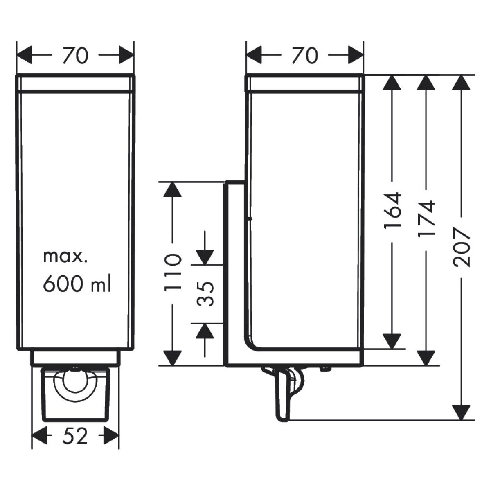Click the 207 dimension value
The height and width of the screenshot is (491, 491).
[x=461, y=248]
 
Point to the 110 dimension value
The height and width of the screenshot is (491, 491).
[x=172, y=272]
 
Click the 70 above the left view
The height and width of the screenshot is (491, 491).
[x=75, y=56]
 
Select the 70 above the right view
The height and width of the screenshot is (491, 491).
[x=305, y=56]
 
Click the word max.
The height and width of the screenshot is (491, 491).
[x=65, y=257]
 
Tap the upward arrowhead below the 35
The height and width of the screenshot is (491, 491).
[x=204, y=331]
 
